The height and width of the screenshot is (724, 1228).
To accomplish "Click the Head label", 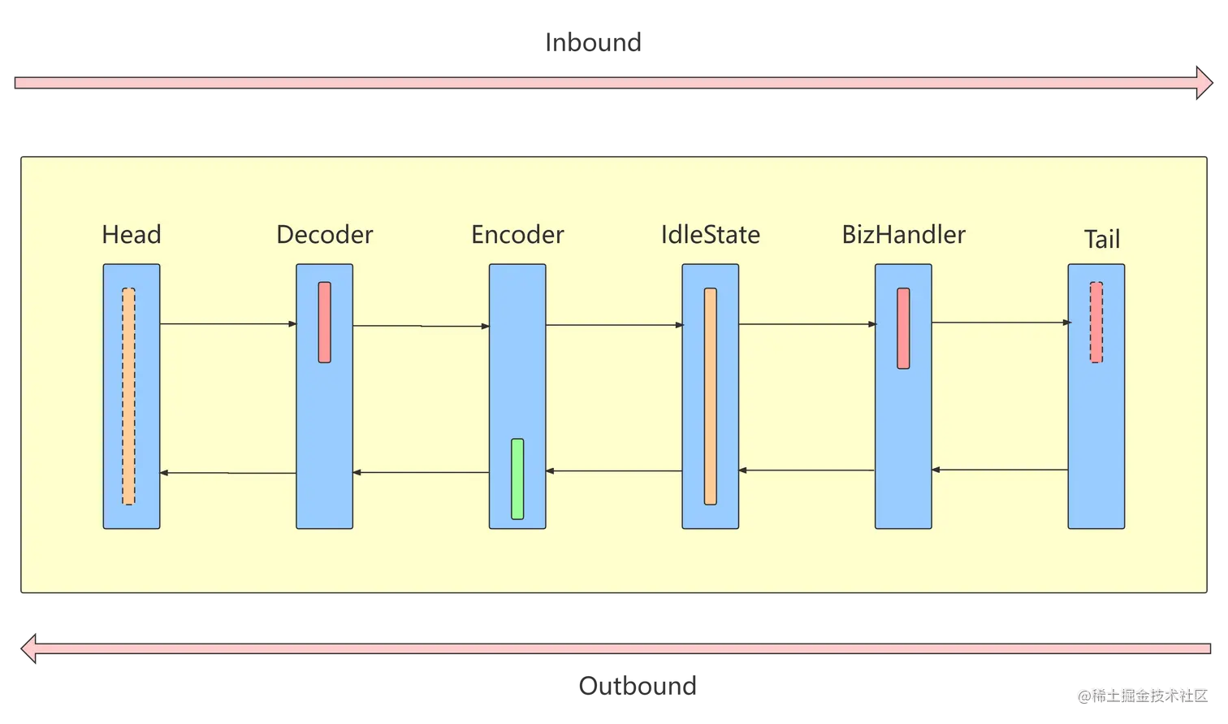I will [132, 235].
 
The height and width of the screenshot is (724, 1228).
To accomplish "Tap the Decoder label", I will [325, 235].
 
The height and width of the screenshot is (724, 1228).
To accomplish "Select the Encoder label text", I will [517, 235].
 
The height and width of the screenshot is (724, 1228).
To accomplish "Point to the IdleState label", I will [711, 235].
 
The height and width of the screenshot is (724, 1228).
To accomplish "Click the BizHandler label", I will [904, 235].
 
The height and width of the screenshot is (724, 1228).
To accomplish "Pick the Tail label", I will [1102, 240].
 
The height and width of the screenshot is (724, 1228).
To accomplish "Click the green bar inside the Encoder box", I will [517, 479].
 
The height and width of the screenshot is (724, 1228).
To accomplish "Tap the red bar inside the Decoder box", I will [325, 322].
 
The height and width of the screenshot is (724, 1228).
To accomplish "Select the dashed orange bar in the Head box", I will [129, 396].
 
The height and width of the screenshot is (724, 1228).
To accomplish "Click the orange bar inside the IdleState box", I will [711, 396].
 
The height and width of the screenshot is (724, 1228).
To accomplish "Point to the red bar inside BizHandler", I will [903, 328].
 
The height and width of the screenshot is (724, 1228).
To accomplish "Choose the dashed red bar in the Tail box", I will [1096, 322].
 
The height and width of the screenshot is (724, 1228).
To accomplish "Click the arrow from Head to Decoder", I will [228, 324].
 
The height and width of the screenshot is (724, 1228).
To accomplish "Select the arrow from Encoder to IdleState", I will [614, 325].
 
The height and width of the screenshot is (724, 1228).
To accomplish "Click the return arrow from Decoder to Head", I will [228, 473].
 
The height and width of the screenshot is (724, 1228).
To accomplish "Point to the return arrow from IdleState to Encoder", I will [614, 470].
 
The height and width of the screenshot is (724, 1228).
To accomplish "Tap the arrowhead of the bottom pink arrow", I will [29, 649].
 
